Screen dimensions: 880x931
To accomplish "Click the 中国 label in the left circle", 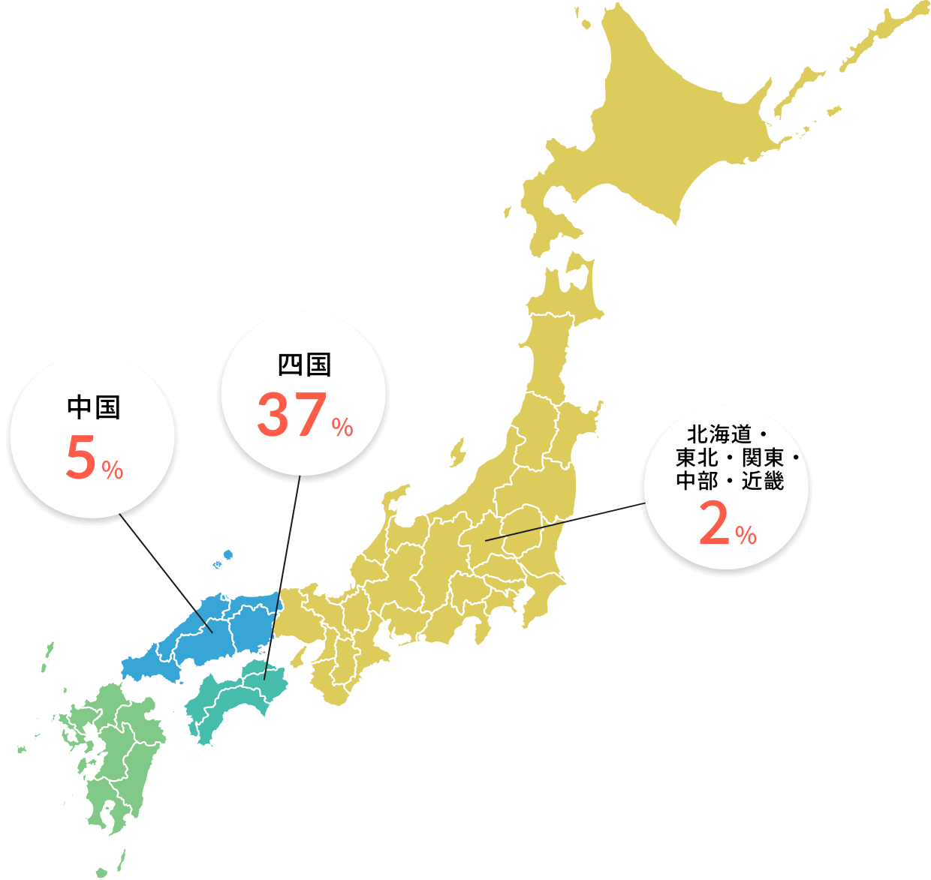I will [93, 407].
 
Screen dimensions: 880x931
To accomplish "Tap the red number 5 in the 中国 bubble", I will [80, 458].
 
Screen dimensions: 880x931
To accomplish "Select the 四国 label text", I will [304, 365].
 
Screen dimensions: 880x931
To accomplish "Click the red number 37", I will [291, 416].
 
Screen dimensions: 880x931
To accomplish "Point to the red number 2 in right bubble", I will [714, 524].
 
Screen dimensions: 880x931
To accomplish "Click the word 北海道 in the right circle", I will [719, 434].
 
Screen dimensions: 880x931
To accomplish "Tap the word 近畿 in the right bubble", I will [763, 481].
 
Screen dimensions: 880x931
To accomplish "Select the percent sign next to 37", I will [342, 428].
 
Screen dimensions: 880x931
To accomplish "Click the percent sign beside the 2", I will [746, 536].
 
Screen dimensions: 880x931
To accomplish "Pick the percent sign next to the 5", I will [113, 471].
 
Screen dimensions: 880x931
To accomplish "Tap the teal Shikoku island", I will [233, 698].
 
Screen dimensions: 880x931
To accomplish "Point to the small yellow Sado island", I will [456, 452].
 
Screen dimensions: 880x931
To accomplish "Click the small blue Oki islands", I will [227, 555].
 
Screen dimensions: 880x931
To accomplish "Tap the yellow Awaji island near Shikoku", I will [298, 657].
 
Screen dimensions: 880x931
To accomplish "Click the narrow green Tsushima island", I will [47, 656].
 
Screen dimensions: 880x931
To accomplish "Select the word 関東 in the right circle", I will [763, 458].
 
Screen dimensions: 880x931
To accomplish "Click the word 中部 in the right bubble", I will [697, 481].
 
